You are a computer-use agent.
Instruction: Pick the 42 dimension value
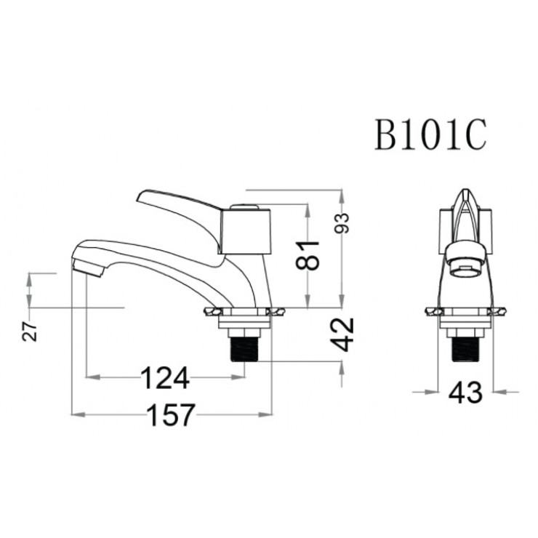coord(342,335)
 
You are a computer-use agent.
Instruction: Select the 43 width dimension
coord(465,393)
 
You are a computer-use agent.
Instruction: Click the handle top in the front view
coord(465,200)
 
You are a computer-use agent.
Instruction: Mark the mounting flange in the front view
coord(465,313)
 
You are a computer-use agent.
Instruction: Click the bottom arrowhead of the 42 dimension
coord(342,366)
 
